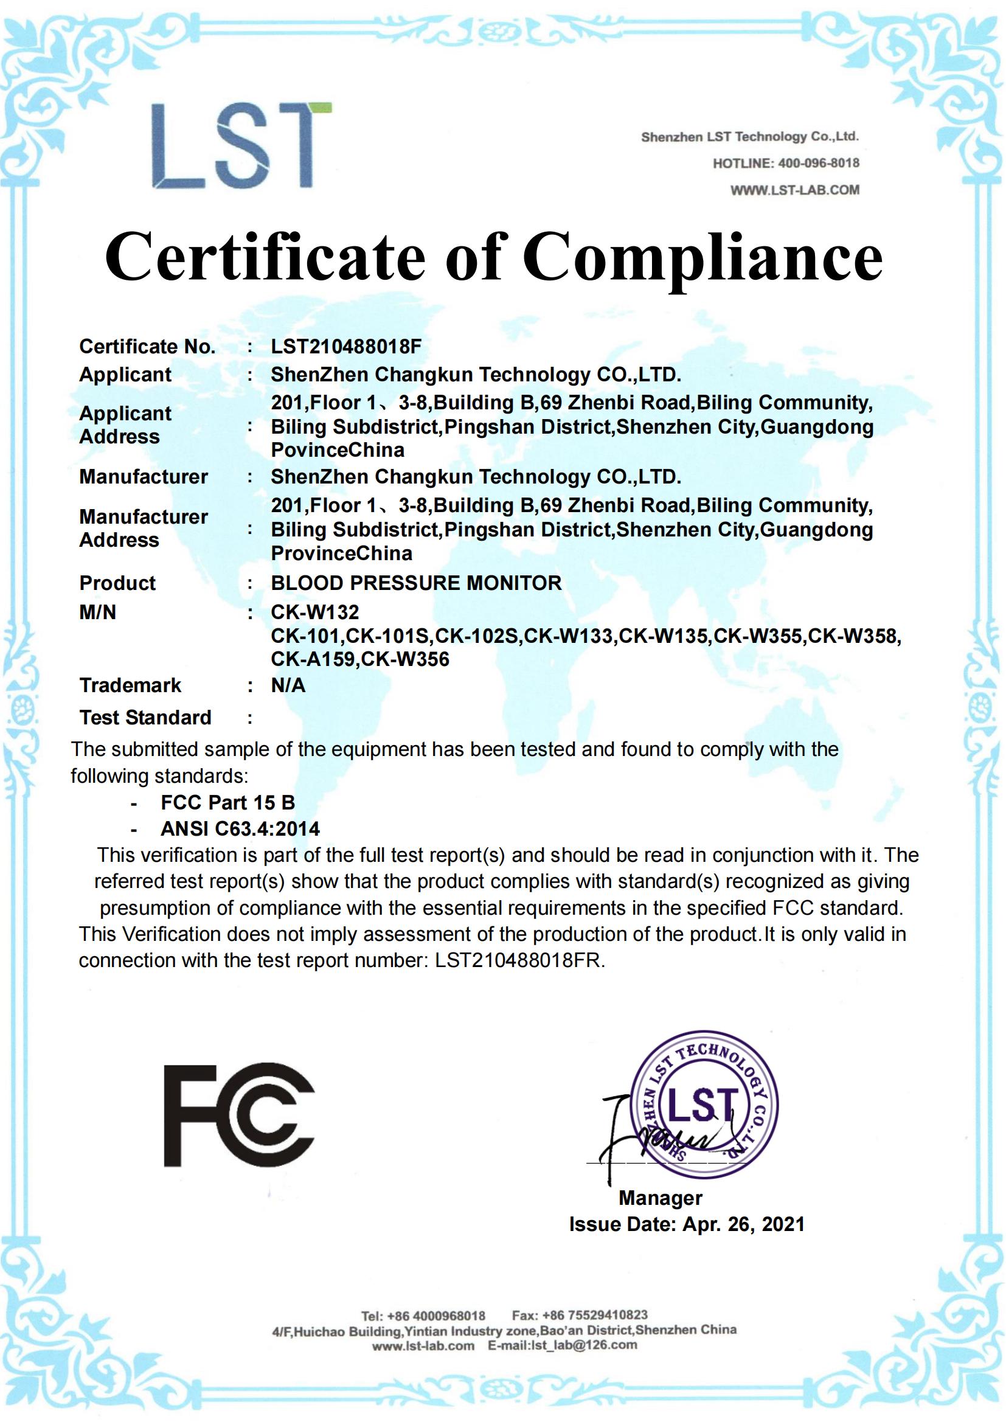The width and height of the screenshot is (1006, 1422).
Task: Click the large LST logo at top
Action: pyautogui.click(x=241, y=146)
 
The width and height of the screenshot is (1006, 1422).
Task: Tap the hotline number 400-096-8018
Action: pyautogui.click(x=816, y=164)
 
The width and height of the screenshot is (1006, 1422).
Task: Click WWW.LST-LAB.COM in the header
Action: pyautogui.click(x=795, y=190)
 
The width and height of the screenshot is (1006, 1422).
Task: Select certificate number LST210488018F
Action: pyautogui.click(x=345, y=346)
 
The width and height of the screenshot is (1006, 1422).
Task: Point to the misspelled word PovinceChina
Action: pyautogui.click(x=338, y=450)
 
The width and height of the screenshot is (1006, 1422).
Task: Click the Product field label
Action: pyautogui.click(x=117, y=583)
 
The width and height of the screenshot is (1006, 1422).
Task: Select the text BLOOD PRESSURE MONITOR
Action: pyautogui.click(x=416, y=583)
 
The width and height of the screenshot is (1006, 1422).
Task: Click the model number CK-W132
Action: pyautogui.click(x=314, y=612)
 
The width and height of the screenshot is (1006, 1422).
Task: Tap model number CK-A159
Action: pyautogui.click(x=313, y=659)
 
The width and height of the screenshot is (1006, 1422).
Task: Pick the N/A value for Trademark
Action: pyautogui.click(x=288, y=685)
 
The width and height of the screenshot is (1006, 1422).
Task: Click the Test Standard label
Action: pyautogui.click(x=145, y=717)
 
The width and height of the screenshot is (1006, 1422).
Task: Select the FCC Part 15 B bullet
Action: pyautogui.click(x=227, y=803)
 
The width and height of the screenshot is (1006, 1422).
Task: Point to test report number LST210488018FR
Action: pyautogui.click(x=519, y=960)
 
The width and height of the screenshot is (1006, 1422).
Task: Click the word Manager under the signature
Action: pyautogui.click(x=661, y=1198)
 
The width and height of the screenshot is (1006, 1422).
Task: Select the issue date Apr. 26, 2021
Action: pyautogui.click(x=743, y=1224)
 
